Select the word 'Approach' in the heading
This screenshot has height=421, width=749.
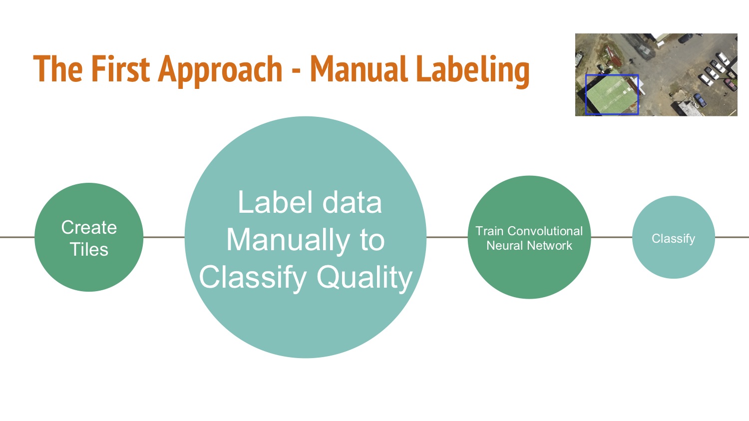coord(220,71)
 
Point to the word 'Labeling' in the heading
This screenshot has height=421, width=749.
coord(473,71)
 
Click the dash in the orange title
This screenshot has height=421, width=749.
coord(296,71)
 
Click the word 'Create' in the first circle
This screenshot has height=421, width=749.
coord(89,228)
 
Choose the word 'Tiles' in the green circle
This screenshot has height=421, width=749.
coord(89,250)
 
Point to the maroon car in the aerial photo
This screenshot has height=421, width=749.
coord(731,84)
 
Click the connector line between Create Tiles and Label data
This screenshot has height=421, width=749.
coord(164,237)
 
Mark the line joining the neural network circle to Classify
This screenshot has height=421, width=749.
coord(612,237)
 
